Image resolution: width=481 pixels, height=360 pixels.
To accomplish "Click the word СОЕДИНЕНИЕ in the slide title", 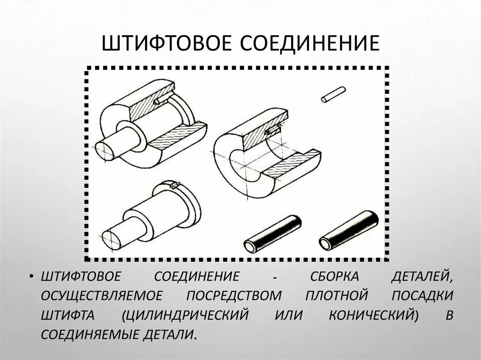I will (308, 44).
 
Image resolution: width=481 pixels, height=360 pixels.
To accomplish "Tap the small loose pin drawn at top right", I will (333, 94).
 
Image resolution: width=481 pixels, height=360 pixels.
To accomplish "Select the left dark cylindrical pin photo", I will (272, 234).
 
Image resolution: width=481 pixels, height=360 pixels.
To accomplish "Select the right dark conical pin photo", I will (349, 230).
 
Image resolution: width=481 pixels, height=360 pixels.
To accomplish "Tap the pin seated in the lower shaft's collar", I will (175, 186).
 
